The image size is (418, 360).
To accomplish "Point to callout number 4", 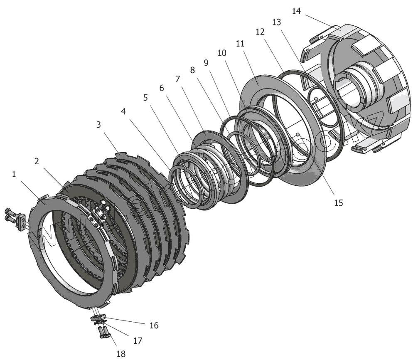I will (123, 111).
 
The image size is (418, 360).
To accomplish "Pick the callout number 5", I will (145, 98).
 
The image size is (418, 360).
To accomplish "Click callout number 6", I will (162, 88).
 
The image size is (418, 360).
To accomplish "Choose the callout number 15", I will (339, 202).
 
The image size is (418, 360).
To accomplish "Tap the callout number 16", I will (154, 325).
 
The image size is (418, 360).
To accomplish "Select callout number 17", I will (138, 340).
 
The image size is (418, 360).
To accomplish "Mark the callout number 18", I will (120, 353).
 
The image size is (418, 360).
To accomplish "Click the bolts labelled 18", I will (103, 332).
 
